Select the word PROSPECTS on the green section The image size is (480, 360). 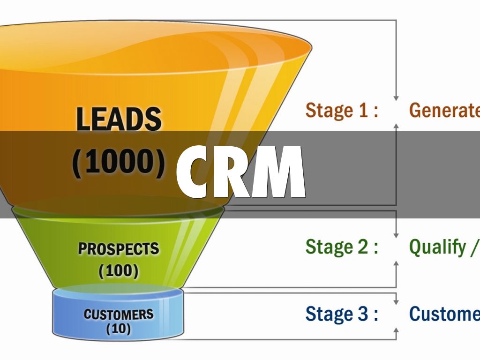pyautogui.click(x=119, y=249)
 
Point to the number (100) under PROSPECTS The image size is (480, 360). pyautogui.click(x=119, y=270)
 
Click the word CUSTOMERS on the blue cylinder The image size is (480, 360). pyautogui.click(x=119, y=314)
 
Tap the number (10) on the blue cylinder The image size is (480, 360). pyautogui.click(x=119, y=329)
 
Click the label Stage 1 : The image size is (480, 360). pyautogui.click(x=342, y=111)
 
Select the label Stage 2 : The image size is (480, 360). pyautogui.click(x=342, y=247)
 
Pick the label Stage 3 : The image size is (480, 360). pyautogui.click(x=342, y=314)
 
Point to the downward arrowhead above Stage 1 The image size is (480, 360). pyautogui.click(x=396, y=97)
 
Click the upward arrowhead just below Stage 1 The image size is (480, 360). pyautogui.click(x=396, y=126)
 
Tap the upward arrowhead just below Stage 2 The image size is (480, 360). pyautogui.click(x=396, y=263)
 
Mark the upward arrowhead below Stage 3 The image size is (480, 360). pyautogui.click(x=396, y=330)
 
